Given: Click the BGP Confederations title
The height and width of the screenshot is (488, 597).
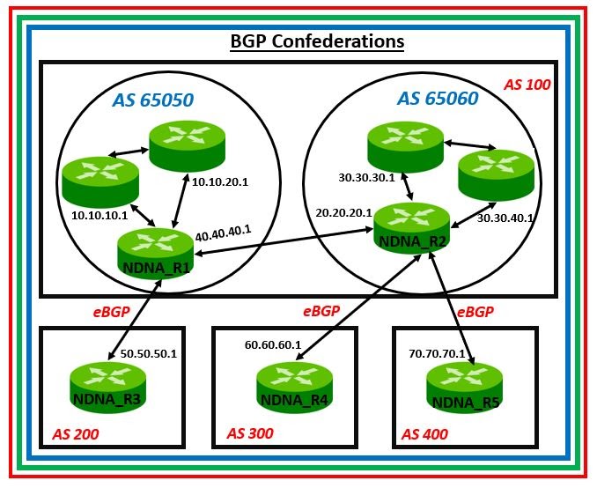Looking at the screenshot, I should (317, 41).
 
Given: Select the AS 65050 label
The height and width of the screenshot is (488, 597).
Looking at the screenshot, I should (152, 100).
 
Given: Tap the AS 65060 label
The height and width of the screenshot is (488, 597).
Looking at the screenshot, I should (438, 99).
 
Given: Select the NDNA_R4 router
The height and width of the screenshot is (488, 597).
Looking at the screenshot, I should (291, 388).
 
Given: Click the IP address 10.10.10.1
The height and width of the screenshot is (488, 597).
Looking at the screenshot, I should (99, 214).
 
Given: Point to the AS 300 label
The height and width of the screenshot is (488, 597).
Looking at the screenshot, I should (250, 433).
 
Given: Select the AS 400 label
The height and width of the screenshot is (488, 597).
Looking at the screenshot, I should (424, 433).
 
